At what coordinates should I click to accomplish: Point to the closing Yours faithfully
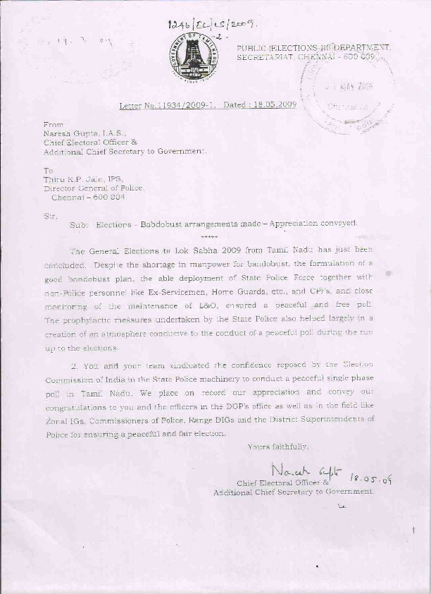[x=277, y=447]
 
